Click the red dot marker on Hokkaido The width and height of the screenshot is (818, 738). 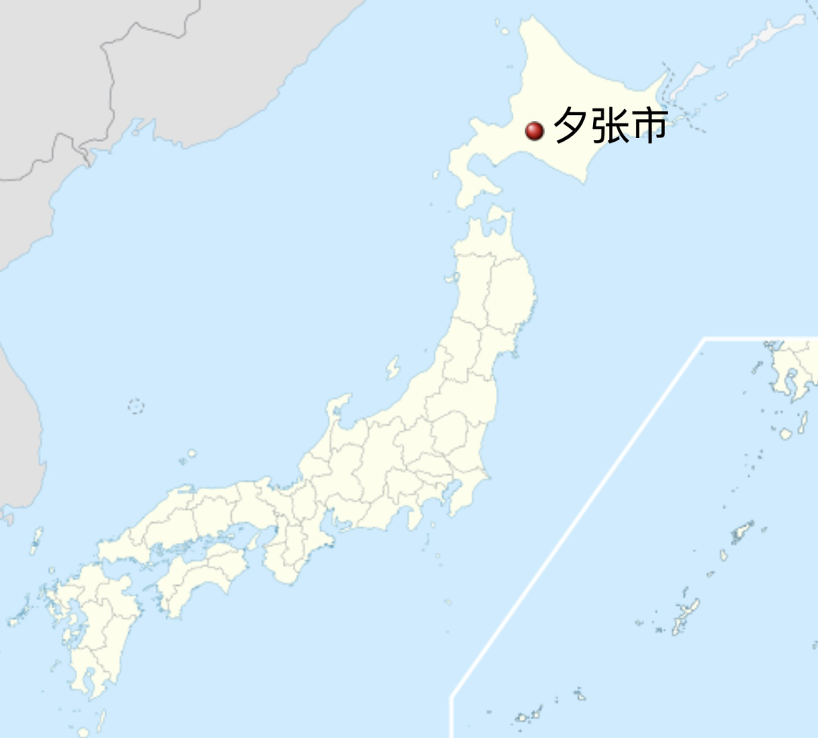click(535, 131)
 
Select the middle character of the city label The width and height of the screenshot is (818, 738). click(610, 126)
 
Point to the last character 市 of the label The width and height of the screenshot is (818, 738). click(649, 126)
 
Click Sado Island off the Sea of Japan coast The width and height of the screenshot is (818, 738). click(392, 368)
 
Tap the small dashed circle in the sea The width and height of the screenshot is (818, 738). click(136, 406)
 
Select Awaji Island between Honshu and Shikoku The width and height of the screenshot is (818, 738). click(252, 541)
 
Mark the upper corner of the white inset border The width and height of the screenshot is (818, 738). click(704, 339)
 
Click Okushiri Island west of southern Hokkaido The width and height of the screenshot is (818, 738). click(436, 174)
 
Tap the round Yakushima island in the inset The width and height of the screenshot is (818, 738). click(785, 434)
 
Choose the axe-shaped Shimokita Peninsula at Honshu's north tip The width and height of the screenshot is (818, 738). click(496, 220)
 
